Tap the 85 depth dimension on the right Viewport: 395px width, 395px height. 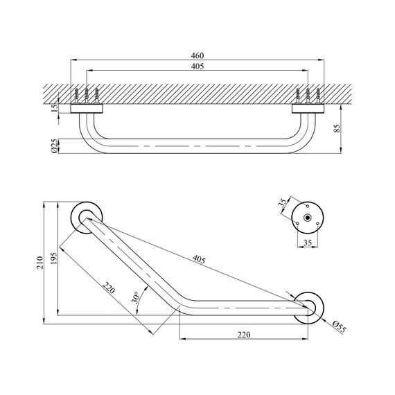pyautogui.click(x=335, y=130)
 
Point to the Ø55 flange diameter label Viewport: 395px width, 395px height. pyautogui.click(x=339, y=325)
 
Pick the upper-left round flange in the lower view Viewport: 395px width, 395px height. pyautogui.click(x=87, y=217)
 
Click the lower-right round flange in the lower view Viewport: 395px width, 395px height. pyautogui.click(x=309, y=306)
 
